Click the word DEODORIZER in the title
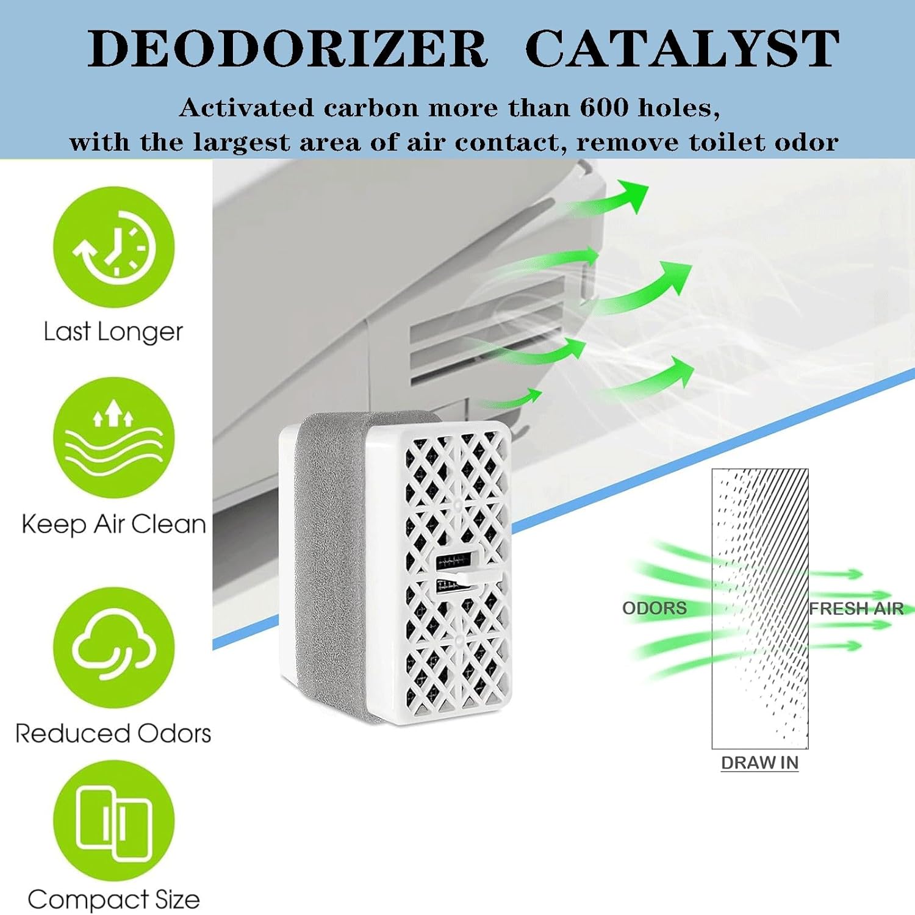[x=287, y=48]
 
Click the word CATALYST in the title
[x=682, y=48]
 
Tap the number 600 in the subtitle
[x=604, y=107]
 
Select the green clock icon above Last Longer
[x=113, y=248]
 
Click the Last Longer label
[x=113, y=332]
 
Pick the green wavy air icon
[x=113, y=437]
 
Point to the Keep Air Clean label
[x=113, y=524]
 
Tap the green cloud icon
[x=113, y=648]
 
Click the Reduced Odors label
[x=113, y=733]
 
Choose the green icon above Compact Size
[x=113, y=821]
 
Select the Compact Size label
[x=113, y=900]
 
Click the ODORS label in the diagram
[x=654, y=608]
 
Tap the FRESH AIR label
[x=856, y=608]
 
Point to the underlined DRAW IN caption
[x=759, y=763]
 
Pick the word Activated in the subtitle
[x=247, y=107]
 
